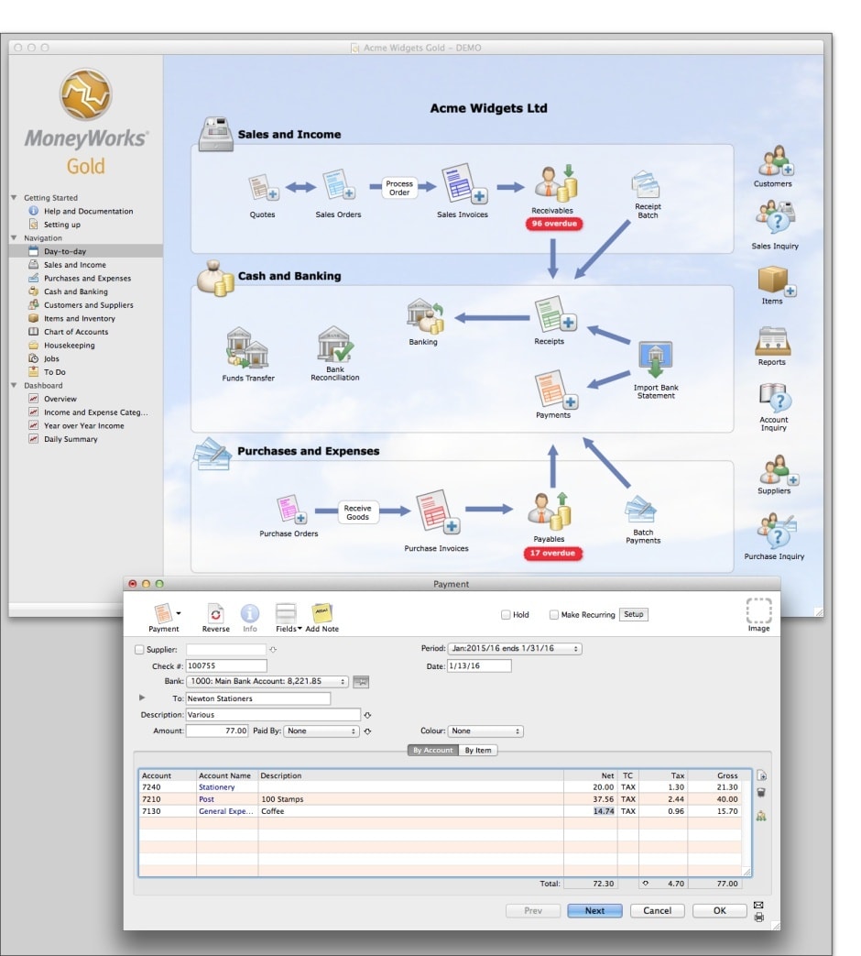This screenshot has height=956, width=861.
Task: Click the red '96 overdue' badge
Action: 554,224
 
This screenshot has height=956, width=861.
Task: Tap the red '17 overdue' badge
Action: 554,553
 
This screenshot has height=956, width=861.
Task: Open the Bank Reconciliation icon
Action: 334,347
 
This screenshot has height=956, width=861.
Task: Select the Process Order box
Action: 399,188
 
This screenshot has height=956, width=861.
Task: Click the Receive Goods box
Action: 357,512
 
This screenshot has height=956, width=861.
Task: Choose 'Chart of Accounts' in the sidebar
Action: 76,332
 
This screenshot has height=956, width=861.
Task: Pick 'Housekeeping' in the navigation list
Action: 69,346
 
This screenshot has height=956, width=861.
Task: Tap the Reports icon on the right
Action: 772,343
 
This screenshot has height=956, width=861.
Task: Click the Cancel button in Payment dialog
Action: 657,910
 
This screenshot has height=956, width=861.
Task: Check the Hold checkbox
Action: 506,615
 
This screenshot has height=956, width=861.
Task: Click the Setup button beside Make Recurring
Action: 634,614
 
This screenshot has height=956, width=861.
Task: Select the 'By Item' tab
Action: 478,750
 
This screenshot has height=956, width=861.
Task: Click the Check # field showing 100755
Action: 226,665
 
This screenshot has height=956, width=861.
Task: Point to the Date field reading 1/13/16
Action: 479,665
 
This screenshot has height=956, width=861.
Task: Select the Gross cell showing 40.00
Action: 715,799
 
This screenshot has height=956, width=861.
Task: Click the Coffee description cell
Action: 410,811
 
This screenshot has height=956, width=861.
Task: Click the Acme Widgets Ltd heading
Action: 488,108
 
